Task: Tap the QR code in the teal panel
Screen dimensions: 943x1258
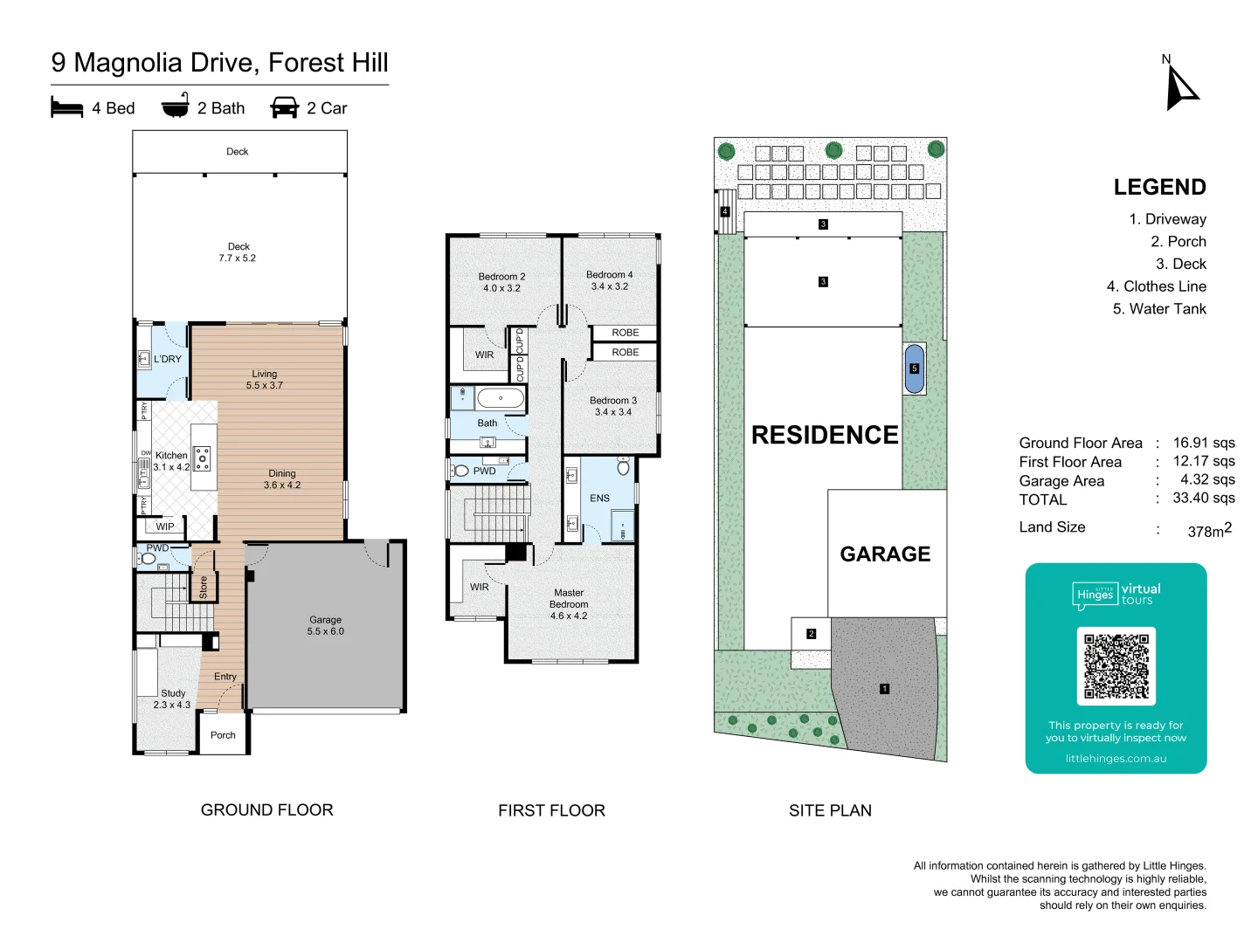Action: coord(1116,666)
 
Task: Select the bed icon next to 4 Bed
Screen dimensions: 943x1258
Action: coord(67,108)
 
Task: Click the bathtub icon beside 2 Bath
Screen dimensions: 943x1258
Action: coord(176,107)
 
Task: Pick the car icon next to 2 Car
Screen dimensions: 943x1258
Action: coord(285,108)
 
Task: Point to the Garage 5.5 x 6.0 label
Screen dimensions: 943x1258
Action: coord(325,625)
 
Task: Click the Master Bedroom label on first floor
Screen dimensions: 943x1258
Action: coord(569,604)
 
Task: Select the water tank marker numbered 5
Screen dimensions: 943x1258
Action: coord(915,368)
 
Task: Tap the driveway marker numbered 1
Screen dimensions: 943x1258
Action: coord(884,689)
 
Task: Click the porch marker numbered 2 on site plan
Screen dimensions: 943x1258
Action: coord(811,634)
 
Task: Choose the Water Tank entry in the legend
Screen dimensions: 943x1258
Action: coord(1159,309)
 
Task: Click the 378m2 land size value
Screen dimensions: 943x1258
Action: coord(1209,530)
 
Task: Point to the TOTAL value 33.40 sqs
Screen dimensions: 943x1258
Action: coord(1203,498)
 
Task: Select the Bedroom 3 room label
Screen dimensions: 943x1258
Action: coord(613,406)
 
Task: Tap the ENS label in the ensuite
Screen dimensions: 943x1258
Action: coord(599,499)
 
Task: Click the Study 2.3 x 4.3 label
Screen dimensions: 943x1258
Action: coord(172,699)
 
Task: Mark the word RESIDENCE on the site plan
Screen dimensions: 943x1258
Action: coord(825,435)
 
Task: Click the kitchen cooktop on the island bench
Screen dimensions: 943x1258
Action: coord(203,458)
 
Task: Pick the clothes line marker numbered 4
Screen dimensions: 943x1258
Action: coord(724,212)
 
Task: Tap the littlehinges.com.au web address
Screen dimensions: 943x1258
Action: coord(1116,759)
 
